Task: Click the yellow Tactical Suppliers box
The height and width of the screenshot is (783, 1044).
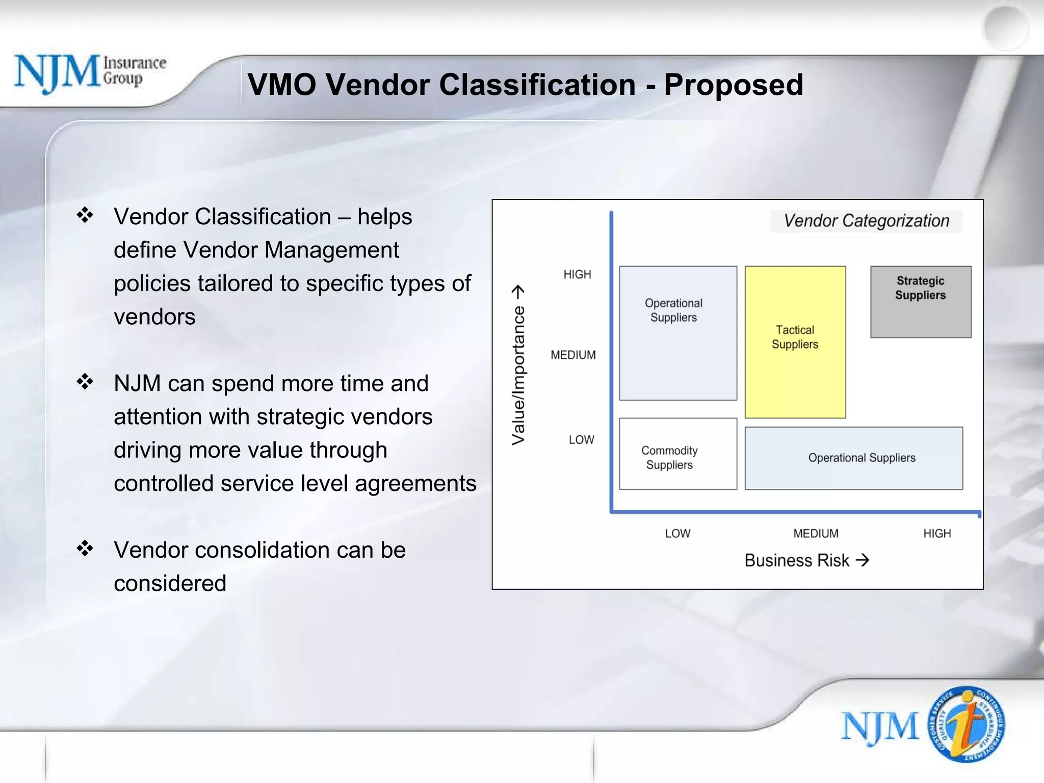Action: tap(795, 342)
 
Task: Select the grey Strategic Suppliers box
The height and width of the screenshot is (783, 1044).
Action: tap(920, 302)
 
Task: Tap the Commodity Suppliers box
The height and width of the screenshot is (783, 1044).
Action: tap(677, 454)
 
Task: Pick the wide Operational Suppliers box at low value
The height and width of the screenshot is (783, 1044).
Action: tap(853, 458)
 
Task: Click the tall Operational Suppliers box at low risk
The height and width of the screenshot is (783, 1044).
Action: tap(677, 332)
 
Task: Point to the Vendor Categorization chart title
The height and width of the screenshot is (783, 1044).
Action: tap(866, 221)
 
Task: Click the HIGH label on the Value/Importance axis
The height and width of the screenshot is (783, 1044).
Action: tap(577, 274)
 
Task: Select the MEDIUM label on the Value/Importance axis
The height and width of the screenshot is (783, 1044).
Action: tap(573, 355)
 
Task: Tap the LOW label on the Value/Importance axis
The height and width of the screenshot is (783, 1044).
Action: tap(581, 439)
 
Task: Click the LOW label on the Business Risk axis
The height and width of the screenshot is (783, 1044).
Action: tap(677, 533)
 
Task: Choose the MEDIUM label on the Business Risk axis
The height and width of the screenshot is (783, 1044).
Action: tap(816, 533)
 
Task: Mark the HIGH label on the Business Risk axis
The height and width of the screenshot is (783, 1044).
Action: tap(937, 533)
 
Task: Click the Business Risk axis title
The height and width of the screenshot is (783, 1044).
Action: tap(806, 560)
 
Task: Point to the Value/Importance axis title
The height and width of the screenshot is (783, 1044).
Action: tap(518, 365)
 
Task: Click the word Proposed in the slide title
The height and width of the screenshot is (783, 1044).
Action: tap(733, 85)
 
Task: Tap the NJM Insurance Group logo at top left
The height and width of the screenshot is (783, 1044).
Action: tap(90, 73)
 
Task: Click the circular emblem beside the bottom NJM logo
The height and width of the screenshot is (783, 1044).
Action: tap(966, 724)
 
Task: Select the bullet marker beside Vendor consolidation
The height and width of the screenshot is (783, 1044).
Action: tap(85, 549)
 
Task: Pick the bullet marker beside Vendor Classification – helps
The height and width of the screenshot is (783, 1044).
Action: tap(85, 215)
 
